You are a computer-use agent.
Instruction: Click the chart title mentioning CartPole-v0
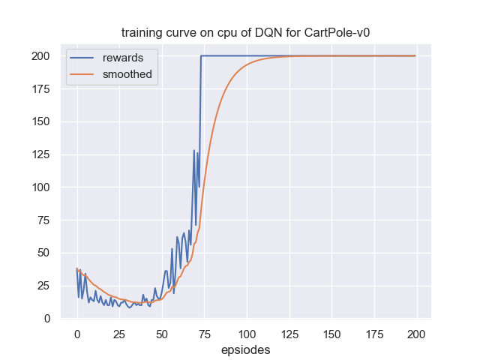[245, 33]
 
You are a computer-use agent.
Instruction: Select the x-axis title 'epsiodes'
[245, 349]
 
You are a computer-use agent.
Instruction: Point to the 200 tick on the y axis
[42, 56]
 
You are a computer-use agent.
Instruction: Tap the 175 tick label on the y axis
[42, 89]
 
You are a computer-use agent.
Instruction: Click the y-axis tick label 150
[42, 121]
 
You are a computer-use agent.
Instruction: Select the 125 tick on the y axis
[42, 154]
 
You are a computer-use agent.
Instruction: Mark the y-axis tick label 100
[42, 187]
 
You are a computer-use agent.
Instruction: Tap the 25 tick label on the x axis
[119, 334]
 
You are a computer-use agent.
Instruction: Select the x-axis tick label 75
[204, 334]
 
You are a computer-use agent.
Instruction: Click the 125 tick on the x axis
[289, 334]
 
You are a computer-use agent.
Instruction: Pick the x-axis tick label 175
[374, 334]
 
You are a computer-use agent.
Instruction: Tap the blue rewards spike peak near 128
[194, 151]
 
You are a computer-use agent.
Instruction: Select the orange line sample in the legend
[82, 74]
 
